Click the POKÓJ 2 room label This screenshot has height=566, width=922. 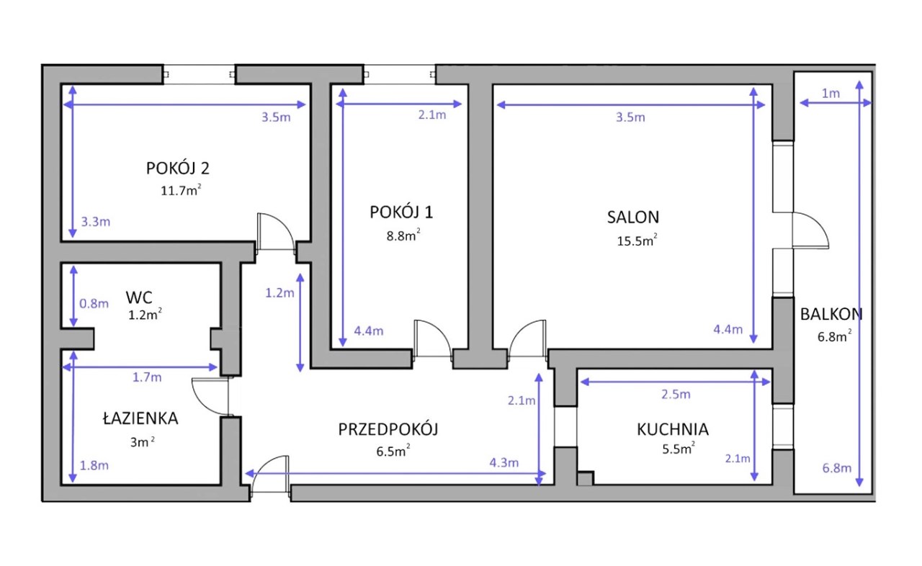click(178, 169)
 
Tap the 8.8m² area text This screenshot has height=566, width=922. click(403, 235)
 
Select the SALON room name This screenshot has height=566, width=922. click(633, 217)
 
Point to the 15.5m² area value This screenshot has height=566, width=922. click(637, 241)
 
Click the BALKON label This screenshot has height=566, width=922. click(831, 315)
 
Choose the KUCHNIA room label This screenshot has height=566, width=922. click(673, 429)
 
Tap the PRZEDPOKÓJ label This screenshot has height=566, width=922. click(388, 429)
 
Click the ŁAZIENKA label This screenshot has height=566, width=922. click(140, 418)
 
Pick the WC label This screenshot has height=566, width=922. click(139, 297)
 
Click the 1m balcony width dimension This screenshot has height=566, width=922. click(831, 94)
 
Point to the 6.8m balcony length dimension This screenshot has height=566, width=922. click(837, 468)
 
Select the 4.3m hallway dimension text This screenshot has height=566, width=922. click(503, 463)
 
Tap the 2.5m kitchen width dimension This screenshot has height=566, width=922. click(676, 395)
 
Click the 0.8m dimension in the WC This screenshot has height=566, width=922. click(94, 304)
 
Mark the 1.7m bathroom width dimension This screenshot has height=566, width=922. click(147, 377)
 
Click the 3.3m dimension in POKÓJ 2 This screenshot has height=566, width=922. click(96, 222)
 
